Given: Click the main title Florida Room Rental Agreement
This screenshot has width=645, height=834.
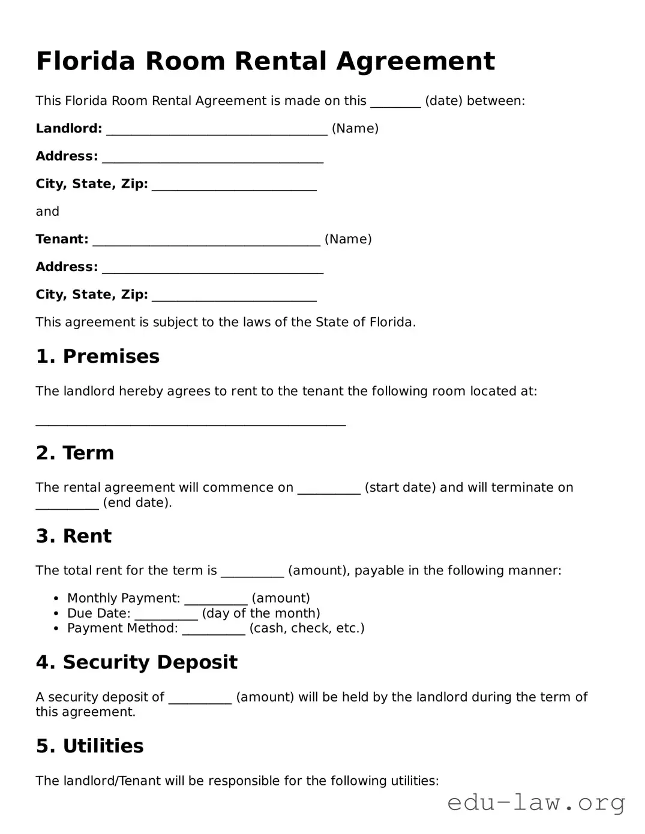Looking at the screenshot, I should click(x=265, y=61).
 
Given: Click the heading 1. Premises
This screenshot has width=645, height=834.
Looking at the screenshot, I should click(x=98, y=356).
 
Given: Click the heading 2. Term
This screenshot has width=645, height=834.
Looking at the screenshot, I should click(x=75, y=453).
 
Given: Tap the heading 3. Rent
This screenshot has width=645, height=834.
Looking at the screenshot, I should click(x=74, y=536).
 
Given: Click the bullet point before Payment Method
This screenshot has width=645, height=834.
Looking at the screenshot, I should click(x=56, y=629).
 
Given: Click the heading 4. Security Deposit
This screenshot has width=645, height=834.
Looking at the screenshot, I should click(x=137, y=662).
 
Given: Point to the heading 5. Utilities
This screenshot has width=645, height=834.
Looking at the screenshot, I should click(x=90, y=746).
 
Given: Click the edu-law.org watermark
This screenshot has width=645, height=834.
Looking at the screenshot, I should click(x=536, y=802).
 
